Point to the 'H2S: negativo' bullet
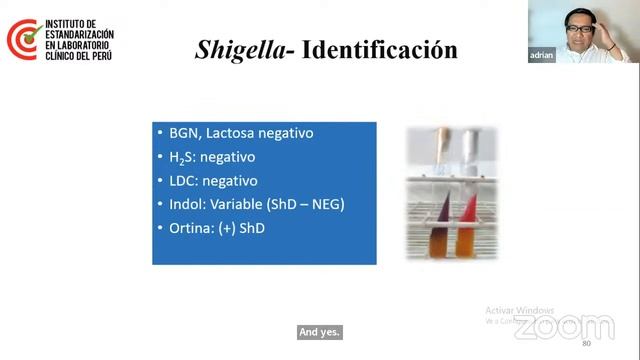[x=206, y=157]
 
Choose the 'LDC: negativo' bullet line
[x=206, y=181]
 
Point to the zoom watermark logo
[x=564, y=327]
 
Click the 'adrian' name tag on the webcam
[x=541, y=56]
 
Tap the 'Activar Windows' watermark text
[x=520, y=310]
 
